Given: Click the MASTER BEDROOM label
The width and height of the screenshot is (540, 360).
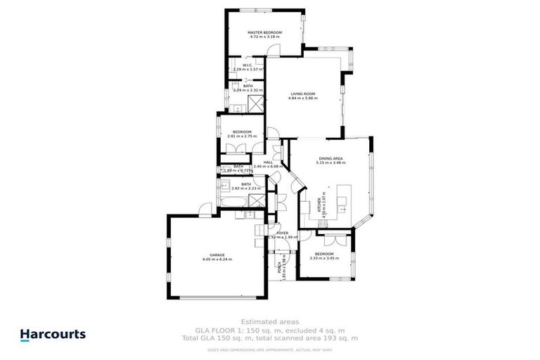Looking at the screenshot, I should pos(264,33).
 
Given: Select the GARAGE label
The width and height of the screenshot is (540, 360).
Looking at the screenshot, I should pos(217,255).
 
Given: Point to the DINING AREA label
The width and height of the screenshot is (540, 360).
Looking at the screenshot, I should pos(330,159).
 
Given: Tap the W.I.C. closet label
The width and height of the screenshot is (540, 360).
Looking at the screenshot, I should pos(247,65).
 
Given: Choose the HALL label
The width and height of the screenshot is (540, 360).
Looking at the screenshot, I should pos(268,162).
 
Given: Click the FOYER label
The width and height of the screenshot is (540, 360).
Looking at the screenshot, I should pos(282,233).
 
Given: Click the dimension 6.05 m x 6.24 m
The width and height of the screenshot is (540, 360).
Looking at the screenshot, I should pos(217,260).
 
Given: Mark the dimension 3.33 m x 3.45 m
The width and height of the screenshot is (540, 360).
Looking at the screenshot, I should pos(324,258).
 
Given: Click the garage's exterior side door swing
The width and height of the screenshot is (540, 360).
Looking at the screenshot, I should pos(205,210).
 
